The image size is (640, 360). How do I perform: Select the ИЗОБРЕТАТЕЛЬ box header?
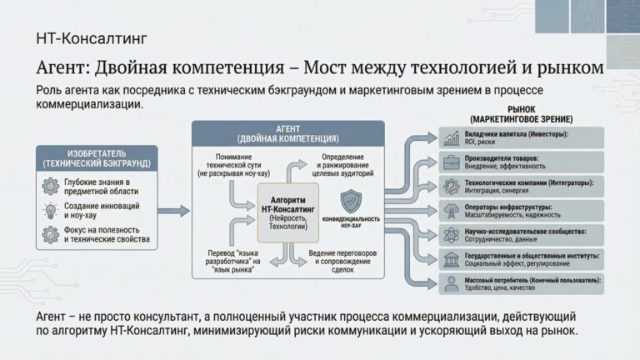point(92,159)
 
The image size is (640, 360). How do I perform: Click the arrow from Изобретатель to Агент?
point(173,211)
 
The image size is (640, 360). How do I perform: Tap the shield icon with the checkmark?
point(351,200)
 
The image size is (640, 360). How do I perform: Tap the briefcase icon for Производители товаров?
point(451,162)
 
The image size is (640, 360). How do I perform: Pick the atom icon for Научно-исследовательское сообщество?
point(451,235)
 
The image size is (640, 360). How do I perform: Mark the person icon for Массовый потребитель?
point(451,283)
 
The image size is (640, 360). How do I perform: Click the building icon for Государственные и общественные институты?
point(451,259)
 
